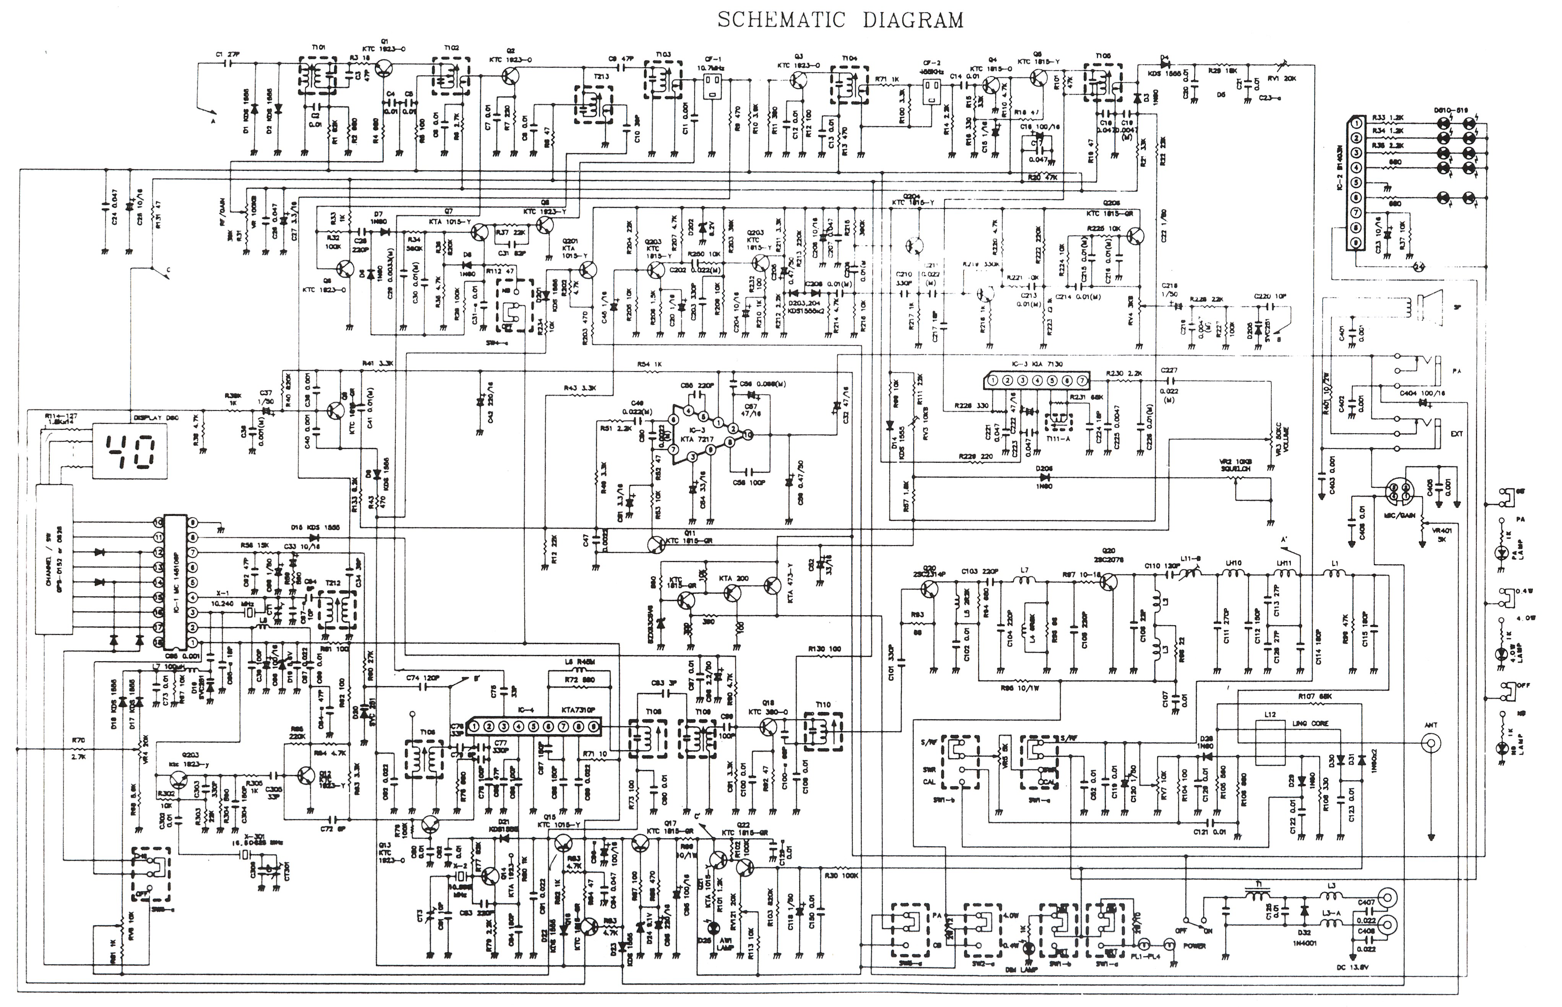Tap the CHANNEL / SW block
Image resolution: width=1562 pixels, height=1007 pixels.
pyautogui.click(x=54, y=559)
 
